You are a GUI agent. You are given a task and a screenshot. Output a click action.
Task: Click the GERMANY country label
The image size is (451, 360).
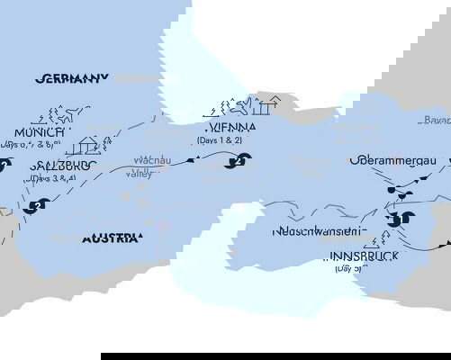coord(72,78)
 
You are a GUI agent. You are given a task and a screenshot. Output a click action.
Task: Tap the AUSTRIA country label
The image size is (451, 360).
coord(112,238)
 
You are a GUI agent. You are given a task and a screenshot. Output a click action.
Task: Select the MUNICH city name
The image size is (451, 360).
coord(39,131)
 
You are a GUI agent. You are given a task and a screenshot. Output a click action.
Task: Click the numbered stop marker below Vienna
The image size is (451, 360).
coord(241,163)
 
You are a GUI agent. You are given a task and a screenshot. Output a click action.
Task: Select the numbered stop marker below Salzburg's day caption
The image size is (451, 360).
coord(35,206)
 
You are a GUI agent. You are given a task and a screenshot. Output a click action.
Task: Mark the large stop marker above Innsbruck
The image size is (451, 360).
coord(402,217)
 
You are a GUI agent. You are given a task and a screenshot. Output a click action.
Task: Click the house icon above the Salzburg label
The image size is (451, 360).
coord(86,145)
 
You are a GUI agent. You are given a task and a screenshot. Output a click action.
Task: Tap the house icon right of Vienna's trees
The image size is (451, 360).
coord(261,107)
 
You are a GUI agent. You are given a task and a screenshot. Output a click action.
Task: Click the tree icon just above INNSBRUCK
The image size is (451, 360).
coord(387,238)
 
